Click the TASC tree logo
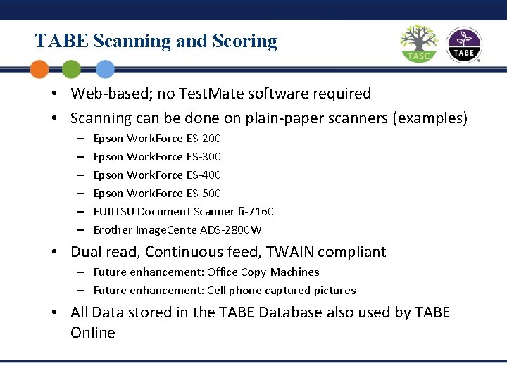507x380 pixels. click(419, 44)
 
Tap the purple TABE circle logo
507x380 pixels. click(463, 45)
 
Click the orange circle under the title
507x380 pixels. click(39, 69)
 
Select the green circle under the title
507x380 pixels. click(71, 69)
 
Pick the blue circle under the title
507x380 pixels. click(104, 69)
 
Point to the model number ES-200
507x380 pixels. click(204, 138)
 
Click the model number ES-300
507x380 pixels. click(204, 156)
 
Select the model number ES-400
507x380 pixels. click(204, 175)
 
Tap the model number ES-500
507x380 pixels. click(204, 193)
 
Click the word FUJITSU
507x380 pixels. click(114, 211)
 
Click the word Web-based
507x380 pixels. click(110, 93)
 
